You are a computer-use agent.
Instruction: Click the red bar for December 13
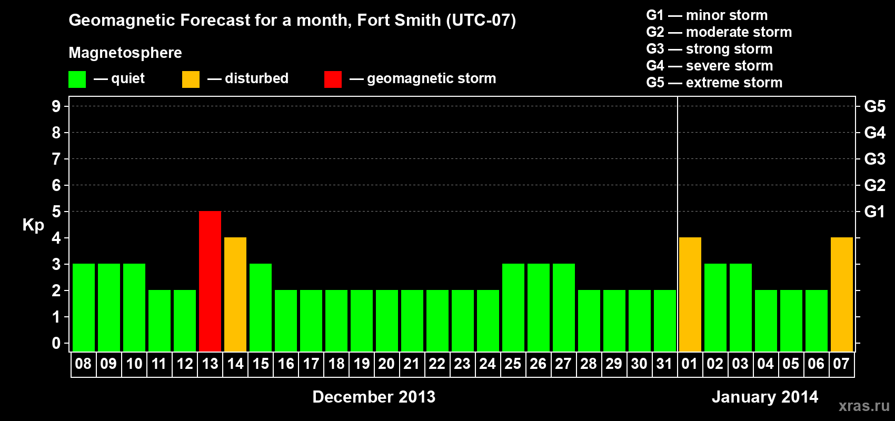tap(210, 281)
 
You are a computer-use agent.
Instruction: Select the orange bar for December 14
tap(235, 294)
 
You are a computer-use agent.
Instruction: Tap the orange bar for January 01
tap(690, 294)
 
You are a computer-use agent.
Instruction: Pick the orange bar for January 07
tap(842, 294)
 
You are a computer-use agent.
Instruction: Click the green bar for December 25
tap(513, 307)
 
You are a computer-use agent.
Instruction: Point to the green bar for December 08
tap(84, 307)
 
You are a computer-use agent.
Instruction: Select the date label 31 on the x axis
tap(664, 364)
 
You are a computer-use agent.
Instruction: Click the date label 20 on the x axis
tap(386, 364)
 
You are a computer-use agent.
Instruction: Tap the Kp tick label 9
tap(56, 106)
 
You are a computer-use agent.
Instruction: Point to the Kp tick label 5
tap(56, 212)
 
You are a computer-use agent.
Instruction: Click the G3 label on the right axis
tap(874, 159)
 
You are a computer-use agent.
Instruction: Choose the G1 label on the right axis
tap(874, 212)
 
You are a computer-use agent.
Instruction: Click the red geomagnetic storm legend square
tap(333, 79)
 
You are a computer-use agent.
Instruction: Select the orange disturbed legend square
tap(191, 79)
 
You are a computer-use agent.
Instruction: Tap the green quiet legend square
tap(77, 79)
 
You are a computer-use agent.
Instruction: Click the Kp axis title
tap(33, 225)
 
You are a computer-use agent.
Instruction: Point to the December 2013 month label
tap(374, 397)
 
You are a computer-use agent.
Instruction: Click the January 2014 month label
tap(764, 397)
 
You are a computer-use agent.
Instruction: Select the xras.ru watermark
tap(864, 406)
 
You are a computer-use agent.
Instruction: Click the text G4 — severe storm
tap(709, 66)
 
